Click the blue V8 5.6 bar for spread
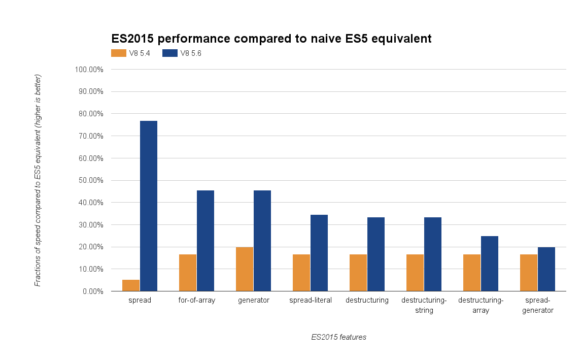pos(149,206)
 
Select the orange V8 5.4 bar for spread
pos(131,285)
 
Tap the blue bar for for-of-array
pos(206,241)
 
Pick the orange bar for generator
pos(245,269)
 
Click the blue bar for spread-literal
pos(319,253)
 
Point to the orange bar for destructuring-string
pos(415,273)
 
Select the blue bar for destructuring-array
pos(490,264)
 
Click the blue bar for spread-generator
pos(546,269)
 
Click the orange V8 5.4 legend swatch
pos(119,53)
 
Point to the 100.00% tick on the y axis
pos(89,70)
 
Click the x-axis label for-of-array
pos(197,300)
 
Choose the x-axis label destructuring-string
pos(424,305)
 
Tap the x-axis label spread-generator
pos(538,305)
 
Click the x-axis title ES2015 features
pos(338,337)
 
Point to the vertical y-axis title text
pos(38,180)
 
